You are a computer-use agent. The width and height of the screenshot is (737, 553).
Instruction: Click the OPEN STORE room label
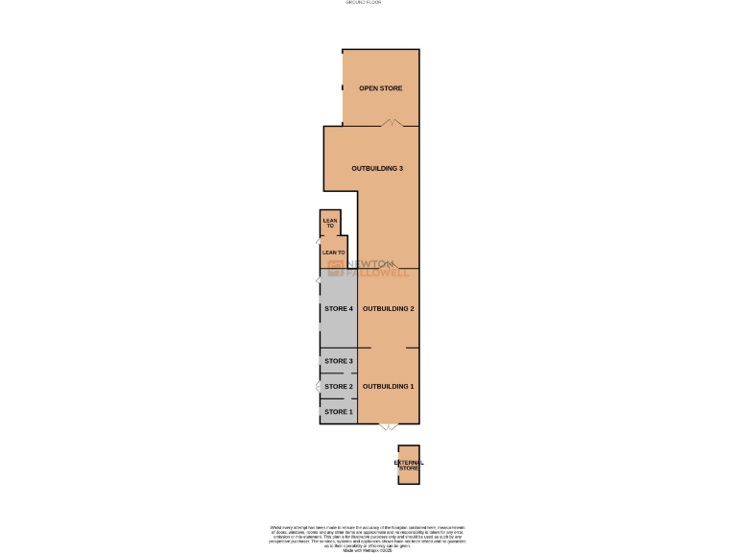point(381,88)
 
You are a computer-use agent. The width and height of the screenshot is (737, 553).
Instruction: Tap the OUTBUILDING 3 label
point(377,168)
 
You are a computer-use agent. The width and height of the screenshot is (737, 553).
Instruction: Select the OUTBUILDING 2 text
point(389,308)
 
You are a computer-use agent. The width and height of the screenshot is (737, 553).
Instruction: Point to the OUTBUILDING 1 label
point(389,386)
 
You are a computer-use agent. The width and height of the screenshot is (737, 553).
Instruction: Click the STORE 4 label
point(339,308)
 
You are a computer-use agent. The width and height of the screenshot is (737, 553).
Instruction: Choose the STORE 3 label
point(339,361)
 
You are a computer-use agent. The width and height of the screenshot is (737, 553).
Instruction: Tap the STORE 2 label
point(339,386)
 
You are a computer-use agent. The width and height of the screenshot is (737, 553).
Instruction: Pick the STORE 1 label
point(339,412)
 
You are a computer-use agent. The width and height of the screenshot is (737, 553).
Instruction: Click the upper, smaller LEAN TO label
point(330,223)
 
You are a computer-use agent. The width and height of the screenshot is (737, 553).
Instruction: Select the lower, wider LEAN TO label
point(334,252)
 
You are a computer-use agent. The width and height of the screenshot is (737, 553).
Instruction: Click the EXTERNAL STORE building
point(409,466)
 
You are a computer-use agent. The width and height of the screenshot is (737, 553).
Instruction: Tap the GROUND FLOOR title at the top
point(364,3)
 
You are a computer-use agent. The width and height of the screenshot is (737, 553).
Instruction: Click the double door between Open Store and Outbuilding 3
point(389,123)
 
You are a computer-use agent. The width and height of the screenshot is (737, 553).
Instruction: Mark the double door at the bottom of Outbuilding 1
point(389,426)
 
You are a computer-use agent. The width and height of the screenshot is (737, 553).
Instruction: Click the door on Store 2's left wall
point(318,386)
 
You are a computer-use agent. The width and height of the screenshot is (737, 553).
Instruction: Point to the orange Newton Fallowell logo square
point(336,268)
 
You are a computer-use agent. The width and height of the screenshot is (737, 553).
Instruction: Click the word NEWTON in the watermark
point(370,263)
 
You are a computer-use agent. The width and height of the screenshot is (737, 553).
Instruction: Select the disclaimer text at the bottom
point(368,538)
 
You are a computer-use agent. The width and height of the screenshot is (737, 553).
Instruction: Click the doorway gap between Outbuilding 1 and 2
point(389,347)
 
